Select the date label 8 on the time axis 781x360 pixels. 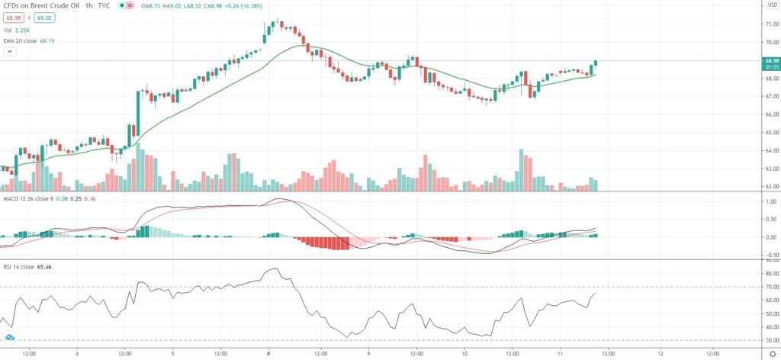(268, 354)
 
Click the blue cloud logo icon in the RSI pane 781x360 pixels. (10, 337)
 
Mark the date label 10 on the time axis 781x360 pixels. (464, 354)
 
